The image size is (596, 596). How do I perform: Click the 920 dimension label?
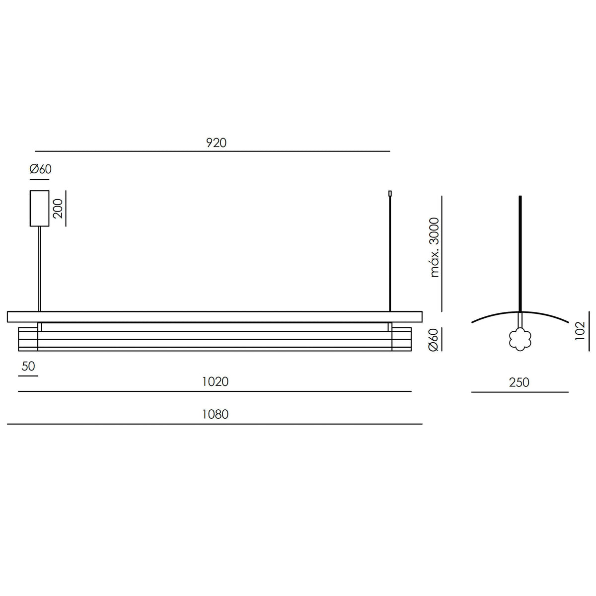(x=216, y=143)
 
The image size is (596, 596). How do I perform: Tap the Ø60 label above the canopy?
(x=41, y=169)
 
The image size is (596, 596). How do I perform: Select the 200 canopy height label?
(x=58, y=209)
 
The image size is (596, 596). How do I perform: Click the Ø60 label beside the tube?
(x=434, y=340)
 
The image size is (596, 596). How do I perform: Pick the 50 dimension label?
(x=28, y=366)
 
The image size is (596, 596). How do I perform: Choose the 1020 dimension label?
(x=215, y=381)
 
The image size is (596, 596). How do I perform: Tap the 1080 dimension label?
(x=215, y=414)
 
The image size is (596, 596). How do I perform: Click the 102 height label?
(x=580, y=331)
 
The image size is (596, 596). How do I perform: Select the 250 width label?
(x=519, y=382)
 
